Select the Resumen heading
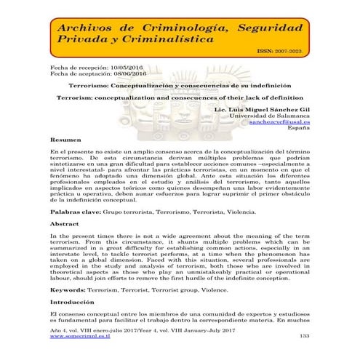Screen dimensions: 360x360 65,139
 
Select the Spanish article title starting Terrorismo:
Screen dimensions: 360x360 180,85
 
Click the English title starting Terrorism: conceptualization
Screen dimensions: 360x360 180,97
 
